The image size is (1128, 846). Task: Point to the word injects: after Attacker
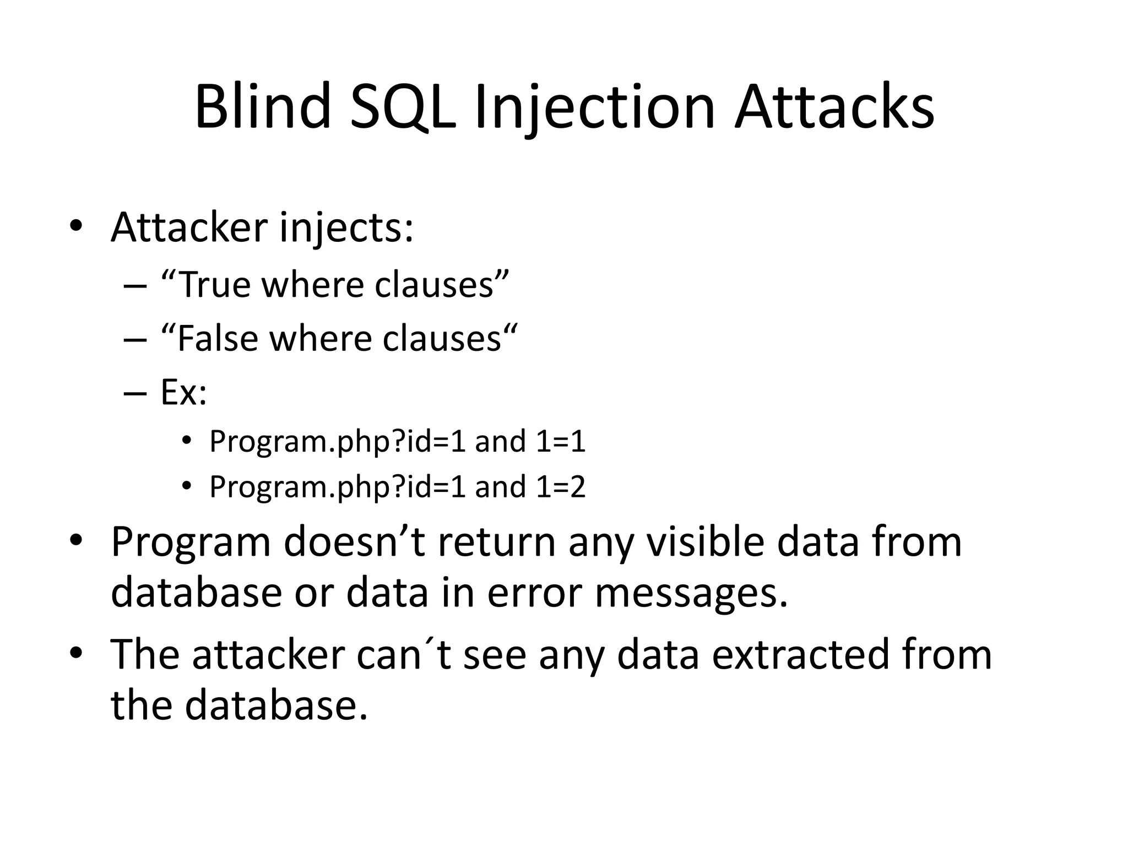346,227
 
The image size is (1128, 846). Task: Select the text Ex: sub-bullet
183,392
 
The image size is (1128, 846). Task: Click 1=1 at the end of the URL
560,441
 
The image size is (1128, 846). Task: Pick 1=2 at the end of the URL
560,487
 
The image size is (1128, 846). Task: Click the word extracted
800,655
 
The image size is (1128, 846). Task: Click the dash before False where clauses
135,339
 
